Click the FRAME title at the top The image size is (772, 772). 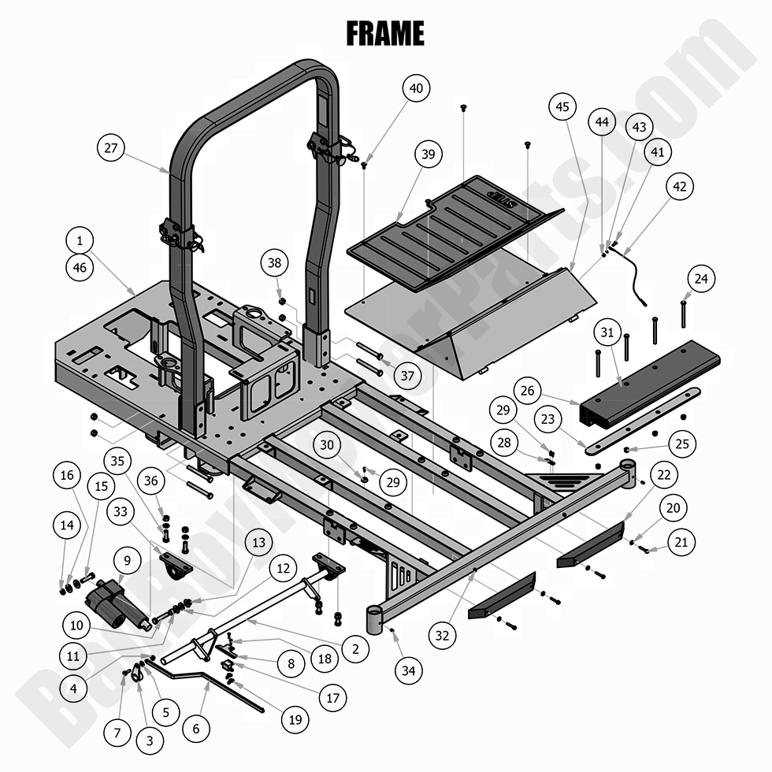coord(385,33)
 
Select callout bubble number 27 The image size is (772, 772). coord(112,147)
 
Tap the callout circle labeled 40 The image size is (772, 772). coord(416,88)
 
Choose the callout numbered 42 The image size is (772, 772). coord(680,187)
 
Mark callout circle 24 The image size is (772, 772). coord(701,278)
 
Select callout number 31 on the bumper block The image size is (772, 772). coord(606,332)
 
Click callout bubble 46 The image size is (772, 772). coord(80,268)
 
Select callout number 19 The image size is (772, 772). coord(295,718)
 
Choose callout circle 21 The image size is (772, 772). coord(681,541)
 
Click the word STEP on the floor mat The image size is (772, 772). coord(528,193)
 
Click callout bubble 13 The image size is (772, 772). coord(258,543)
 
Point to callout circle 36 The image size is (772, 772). coord(151,479)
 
